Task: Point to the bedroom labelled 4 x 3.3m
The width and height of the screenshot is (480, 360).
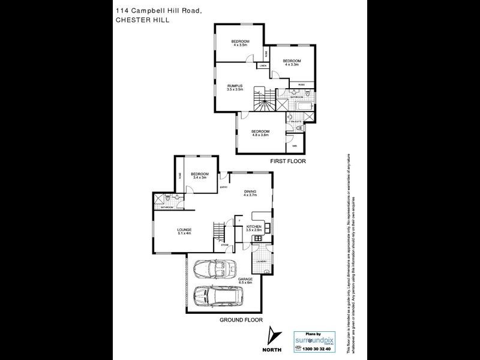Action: (291, 62)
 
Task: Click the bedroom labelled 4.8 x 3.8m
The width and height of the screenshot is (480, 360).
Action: (260, 133)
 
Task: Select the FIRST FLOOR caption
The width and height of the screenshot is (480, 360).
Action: (287, 161)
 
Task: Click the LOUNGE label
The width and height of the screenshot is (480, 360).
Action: (184, 232)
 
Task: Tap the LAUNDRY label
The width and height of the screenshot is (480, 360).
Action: (260, 261)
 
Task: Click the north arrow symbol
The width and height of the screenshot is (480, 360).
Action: (274, 335)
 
